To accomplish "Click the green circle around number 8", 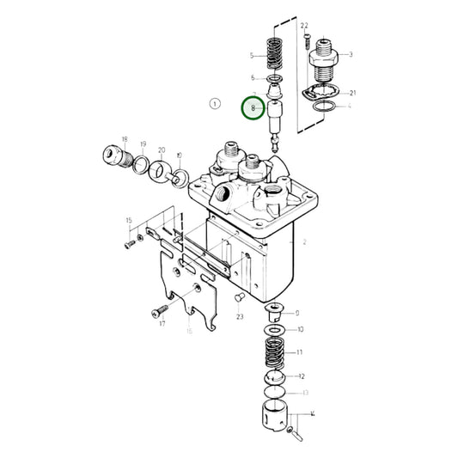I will (253, 109).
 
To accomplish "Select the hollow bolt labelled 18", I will (111, 157).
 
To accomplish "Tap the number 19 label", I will (143, 144).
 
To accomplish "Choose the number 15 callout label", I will (129, 221).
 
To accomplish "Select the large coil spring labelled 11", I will (276, 353).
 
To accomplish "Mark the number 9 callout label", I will (296, 314).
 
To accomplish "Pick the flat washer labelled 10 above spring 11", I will (275, 330).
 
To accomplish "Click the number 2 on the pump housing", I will (302, 243).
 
